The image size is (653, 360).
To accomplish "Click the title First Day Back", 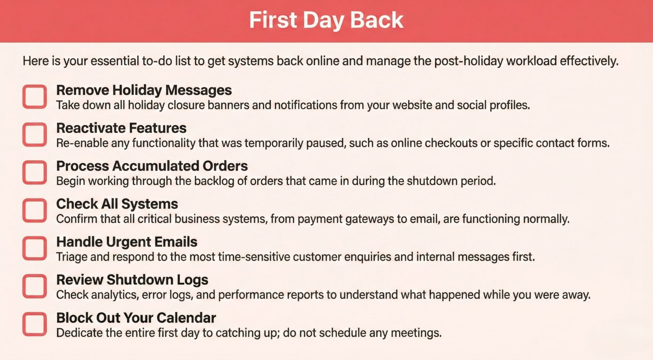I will (x=326, y=20).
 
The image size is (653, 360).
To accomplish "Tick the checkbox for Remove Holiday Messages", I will (x=35, y=97).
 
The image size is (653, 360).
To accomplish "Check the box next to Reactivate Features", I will (x=35, y=134).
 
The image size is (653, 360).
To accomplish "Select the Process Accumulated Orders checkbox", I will (x=35, y=172).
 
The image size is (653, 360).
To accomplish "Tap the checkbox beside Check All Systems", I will (x=35, y=210).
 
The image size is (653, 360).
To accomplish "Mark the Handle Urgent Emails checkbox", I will (x=35, y=248).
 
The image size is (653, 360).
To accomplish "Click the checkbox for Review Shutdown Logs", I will (x=35, y=286).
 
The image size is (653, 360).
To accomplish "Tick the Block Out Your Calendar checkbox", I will (x=35, y=324).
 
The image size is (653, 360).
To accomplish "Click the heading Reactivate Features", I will (x=121, y=128).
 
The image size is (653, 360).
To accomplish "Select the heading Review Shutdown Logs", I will (x=132, y=280).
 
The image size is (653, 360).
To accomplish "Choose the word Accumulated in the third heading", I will (x=155, y=166).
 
